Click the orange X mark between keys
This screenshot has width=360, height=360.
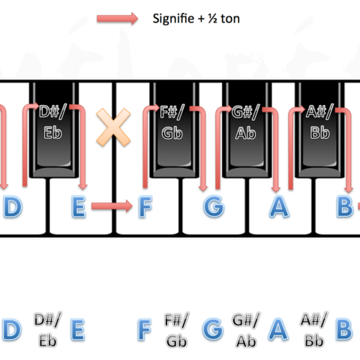[x=113, y=127]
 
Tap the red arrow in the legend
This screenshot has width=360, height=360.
[x=117, y=19]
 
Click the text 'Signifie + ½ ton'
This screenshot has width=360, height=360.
[x=196, y=19]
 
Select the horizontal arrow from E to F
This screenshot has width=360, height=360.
[x=112, y=206]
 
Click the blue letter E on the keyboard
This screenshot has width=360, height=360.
[x=79, y=207]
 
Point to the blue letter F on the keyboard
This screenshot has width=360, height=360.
[x=145, y=207]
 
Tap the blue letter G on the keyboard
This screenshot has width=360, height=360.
[x=214, y=207]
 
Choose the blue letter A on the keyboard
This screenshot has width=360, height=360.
[x=279, y=207]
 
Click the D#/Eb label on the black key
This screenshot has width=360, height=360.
[x=52, y=122]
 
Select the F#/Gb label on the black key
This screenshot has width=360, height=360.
[x=172, y=122]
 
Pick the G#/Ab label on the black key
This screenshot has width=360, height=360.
[x=246, y=122]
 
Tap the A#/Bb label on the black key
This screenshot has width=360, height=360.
[x=319, y=122]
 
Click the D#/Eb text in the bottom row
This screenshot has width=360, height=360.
[x=48, y=330]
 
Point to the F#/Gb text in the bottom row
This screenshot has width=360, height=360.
[x=177, y=330]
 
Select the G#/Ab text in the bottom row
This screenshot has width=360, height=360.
[x=246, y=330]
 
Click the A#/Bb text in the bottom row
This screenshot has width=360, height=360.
[x=314, y=330]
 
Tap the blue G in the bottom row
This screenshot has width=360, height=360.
[x=213, y=329]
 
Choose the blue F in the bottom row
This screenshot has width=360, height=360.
[x=145, y=329]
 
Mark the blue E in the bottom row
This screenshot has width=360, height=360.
[x=78, y=329]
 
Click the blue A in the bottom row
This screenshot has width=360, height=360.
[x=278, y=329]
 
